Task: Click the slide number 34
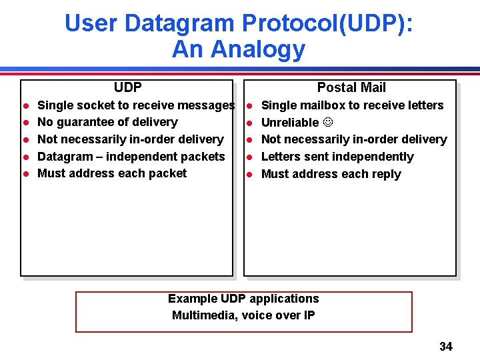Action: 445,346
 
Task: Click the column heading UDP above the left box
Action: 127,87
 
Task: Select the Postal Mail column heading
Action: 351,87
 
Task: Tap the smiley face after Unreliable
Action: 328,123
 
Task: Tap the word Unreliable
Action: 290,123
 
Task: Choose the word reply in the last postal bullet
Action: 386,174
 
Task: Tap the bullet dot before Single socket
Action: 25,106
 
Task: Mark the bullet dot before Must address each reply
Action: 248,175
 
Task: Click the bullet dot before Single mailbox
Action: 248,106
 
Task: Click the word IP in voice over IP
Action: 309,315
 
